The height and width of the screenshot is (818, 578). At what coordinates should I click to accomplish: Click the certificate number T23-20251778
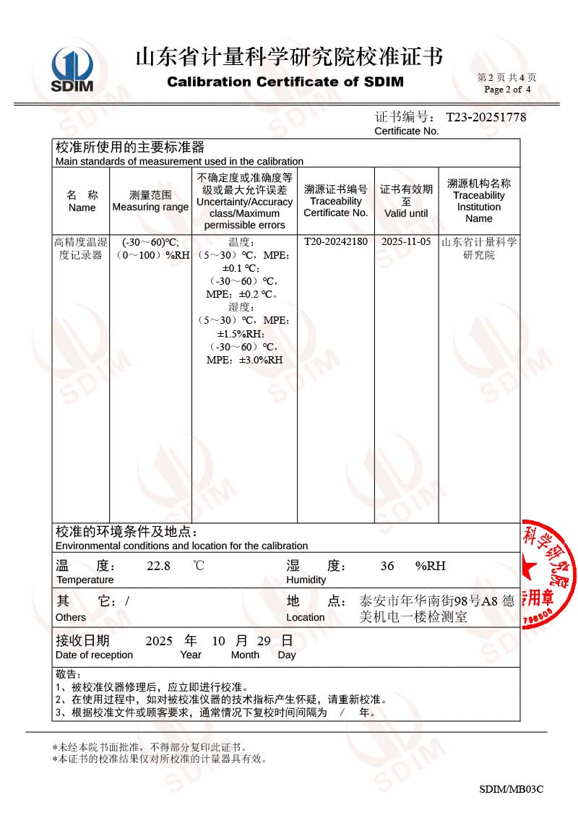pyautogui.click(x=486, y=117)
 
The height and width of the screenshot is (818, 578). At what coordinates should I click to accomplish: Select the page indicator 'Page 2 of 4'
pyautogui.click(x=507, y=90)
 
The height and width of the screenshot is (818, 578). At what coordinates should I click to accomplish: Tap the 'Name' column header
pyautogui.click(x=82, y=207)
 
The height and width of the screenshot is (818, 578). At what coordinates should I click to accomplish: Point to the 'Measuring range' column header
pyautogui.click(x=150, y=207)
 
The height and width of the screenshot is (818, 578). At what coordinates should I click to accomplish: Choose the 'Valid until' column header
pyautogui.click(x=406, y=213)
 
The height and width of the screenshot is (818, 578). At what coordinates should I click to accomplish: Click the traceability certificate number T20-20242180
pyautogui.click(x=335, y=242)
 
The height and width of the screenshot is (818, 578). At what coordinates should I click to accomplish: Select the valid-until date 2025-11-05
pyautogui.click(x=406, y=242)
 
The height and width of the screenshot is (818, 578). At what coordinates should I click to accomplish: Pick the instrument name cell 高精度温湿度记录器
pyautogui.click(x=81, y=249)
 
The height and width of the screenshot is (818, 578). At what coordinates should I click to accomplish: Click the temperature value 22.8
pyautogui.click(x=158, y=566)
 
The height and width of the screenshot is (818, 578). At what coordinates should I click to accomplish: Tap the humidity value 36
pyautogui.click(x=387, y=566)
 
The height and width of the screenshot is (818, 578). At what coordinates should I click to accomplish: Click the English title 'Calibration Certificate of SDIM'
pyautogui.click(x=285, y=82)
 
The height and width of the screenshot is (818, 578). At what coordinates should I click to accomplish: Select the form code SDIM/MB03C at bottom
pyautogui.click(x=511, y=789)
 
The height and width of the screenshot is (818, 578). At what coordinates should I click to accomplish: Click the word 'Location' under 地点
pyautogui.click(x=306, y=618)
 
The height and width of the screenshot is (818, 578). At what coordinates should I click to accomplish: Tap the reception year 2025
pyautogui.click(x=159, y=641)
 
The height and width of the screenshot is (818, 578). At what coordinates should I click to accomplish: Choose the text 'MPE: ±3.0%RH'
pyautogui.click(x=244, y=359)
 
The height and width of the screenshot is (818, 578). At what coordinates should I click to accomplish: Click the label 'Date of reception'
pyautogui.click(x=94, y=655)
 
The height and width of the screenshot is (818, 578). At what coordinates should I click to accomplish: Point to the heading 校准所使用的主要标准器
pyautogui.click(x=130, y=147)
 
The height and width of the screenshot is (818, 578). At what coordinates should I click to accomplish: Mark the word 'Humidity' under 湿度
pyautogui.click(x=306, y=580)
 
